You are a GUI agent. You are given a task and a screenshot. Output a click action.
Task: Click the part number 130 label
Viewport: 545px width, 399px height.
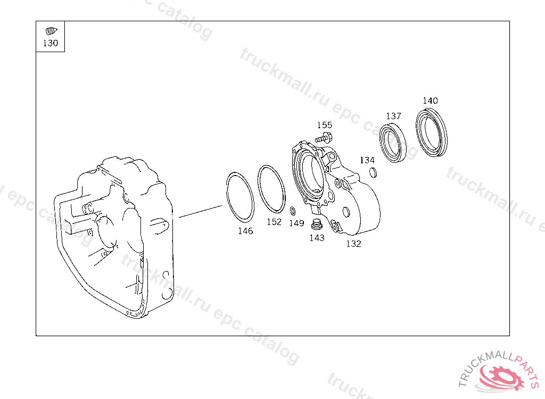pyautogui.click(x=51, y=43)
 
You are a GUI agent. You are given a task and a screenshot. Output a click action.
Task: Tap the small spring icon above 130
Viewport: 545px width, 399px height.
pyautogui.click(x=52, y=31)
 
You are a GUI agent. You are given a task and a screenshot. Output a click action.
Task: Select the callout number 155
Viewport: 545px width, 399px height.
pyautogui.click(x=325, y=125)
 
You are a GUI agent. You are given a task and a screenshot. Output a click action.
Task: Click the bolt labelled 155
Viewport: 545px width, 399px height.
pyautogui.click(x=324, y=138)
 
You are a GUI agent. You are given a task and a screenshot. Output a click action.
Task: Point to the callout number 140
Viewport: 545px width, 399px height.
pyautogui.click(x=430, y=101)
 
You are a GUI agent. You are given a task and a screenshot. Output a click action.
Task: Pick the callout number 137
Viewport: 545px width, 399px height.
pyautogui.click(x=393, y=116)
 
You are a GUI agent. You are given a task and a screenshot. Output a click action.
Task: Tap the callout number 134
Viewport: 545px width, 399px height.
pyautogui.click(x=367, y=160)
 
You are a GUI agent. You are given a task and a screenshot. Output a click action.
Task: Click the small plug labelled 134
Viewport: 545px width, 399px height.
pyautogui.click(x=373, y=172)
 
